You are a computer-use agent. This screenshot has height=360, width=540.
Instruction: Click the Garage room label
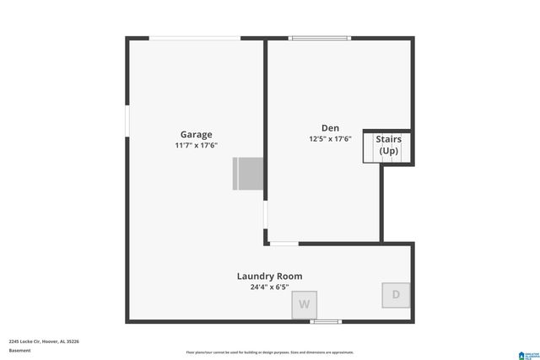[x=196, y=134]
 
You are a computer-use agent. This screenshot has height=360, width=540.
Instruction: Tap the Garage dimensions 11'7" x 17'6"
[x=196, y=145]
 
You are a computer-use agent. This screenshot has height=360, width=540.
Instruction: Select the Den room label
[x=329, y=128]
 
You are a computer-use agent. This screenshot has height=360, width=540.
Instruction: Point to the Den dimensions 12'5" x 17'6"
[x=329, y=139]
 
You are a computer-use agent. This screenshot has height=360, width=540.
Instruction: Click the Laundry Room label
[x=269, y=276]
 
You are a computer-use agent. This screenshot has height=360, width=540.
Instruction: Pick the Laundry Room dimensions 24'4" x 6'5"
[x=269, y=287]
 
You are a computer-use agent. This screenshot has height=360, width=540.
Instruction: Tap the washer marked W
[x=305, y=304]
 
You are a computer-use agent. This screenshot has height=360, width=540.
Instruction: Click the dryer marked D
[x=395, y=295]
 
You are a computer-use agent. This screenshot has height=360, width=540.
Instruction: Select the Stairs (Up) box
[x=388, y=146]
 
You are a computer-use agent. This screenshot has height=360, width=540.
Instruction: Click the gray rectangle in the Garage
[x=248, y=174]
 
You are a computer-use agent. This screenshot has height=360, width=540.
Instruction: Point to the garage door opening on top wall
[x=195, y=38]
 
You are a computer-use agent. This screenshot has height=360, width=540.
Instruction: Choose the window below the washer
[x=326, y=321]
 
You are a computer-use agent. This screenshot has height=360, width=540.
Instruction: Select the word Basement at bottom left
[x=19, y=351]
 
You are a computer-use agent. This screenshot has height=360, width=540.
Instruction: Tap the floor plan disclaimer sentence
[x=269, y=352]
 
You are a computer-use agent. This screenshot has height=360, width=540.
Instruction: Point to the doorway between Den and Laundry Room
[x=283, y=244]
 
